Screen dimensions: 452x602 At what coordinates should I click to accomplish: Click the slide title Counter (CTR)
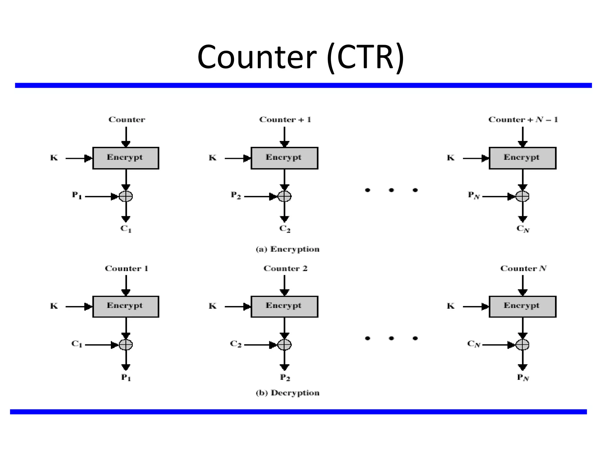click(x=300, y=57)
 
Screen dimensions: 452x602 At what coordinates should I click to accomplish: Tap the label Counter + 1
click(x=285, y=119)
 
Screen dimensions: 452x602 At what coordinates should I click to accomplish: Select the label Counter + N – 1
click(x=523, y=119)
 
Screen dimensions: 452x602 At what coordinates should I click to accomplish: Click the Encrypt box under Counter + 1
click(x=284, y=158)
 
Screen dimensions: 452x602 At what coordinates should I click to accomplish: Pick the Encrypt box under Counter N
click(x=522, y=306)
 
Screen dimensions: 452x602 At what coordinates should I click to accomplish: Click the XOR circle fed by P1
click(x=126, y=196)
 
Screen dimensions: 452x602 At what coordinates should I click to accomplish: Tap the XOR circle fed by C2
click(x=284, y=344)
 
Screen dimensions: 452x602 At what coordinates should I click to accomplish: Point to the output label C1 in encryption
click(x=126, y=229)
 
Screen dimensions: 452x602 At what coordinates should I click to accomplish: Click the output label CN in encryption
click(x=523, y=229)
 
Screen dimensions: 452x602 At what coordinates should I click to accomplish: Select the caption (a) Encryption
click(x=287, y=249)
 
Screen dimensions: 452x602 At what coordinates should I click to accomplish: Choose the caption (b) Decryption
click(x=287, y=393)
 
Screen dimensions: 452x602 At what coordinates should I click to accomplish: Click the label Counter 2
click(x=285, y=268)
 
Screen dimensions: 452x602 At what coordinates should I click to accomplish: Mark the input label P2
click(x=236, y=195)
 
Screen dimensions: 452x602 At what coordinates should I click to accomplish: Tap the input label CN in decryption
click(x=474, y=344)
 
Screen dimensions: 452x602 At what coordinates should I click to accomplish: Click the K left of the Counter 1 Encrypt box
click(x=54, y=306)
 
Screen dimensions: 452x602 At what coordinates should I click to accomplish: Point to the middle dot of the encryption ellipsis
click(x=391, y=190)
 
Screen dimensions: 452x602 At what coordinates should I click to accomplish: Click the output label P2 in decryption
click(x=285, y=377)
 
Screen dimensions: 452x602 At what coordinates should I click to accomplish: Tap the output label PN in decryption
click(x=523, y=377)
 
